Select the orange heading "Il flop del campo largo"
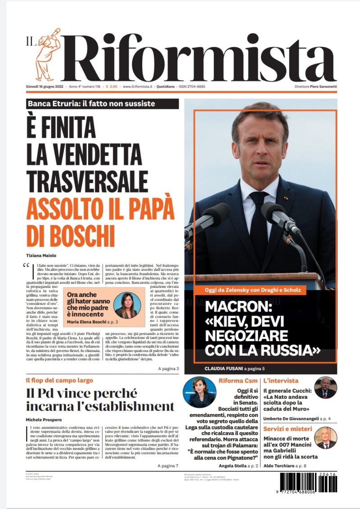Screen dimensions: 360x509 tap(59, 380)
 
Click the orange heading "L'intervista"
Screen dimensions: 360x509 tap(281, 380)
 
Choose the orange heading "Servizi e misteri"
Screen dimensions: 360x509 tap(288, 429)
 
